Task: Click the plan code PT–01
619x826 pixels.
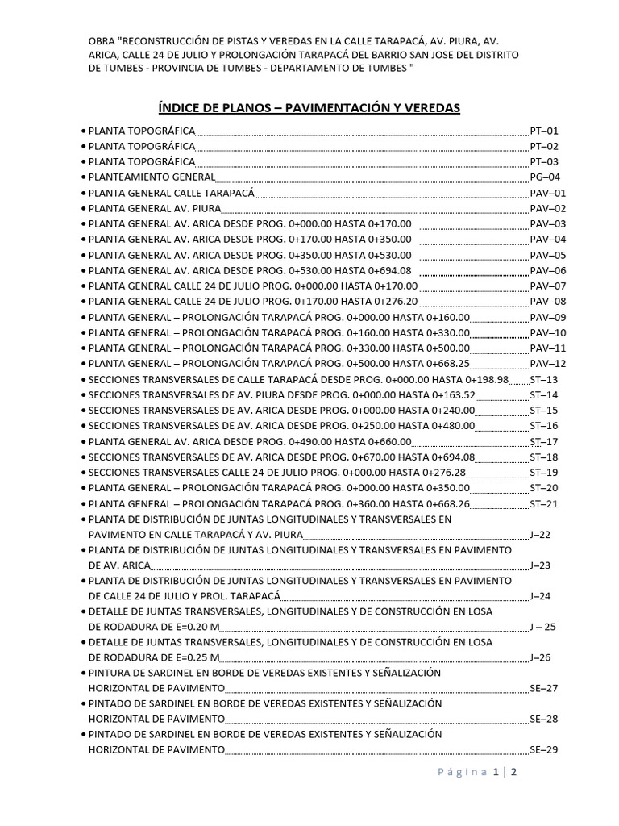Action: [x=544, y=131]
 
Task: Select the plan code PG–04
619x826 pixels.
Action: [x=544, y=177]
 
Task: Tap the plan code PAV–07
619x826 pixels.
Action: [x=548, y=286]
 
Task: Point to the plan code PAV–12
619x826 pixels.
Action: [x=548, y=364]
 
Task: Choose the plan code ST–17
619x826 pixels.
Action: [x=544, y=442]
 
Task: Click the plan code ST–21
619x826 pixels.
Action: [x=544, y=504]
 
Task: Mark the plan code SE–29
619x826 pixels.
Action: [x=544, y=750]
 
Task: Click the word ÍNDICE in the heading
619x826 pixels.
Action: [x=178, y=107]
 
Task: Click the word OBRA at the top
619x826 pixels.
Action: [x=102, y=40]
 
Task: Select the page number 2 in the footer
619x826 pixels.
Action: [x=513, y=772]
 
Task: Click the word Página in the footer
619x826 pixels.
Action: [x=463, y=772]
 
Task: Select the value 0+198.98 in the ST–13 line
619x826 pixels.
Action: [x=482, y=380]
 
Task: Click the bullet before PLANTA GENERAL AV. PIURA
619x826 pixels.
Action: [x=83, y=209]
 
